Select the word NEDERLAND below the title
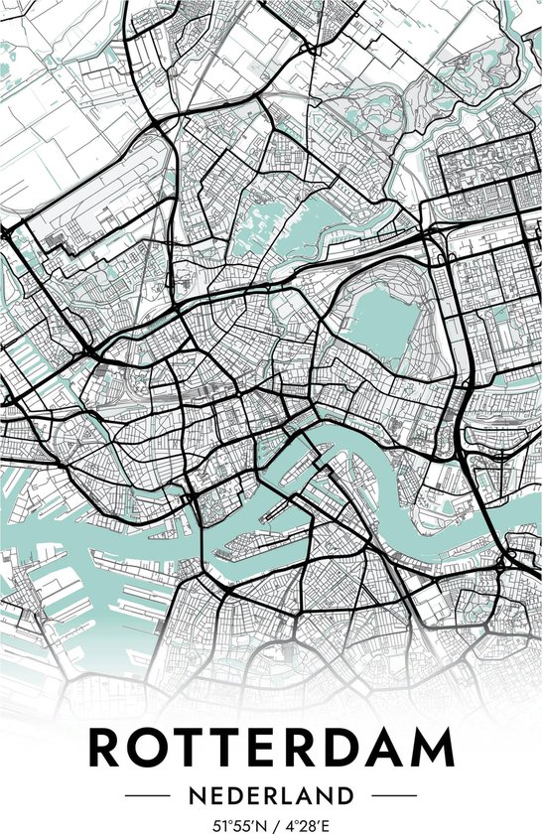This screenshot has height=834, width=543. pyautogui.click(x=271, y=796)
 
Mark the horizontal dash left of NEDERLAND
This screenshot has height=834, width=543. pyautogui.click(x=149, y=796)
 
